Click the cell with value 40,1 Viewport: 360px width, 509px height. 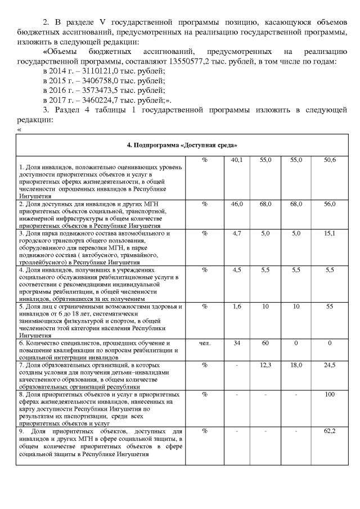pyautogui.click(x=237, y=161)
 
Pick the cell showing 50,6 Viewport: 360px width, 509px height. pyautogui.click(x=330, y=161)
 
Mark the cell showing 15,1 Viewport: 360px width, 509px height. pyautogui.click(x=330, y=233)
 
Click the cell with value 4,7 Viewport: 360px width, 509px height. pyautogui.click(x=237, y=233)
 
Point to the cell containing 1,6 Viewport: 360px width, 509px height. pyautogui.click(x=237, y=307)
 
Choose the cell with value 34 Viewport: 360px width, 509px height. pyautogui.click(x=237, y=343)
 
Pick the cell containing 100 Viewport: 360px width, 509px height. pyautogui.click(x=330, y=394)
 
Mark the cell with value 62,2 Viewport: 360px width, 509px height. pyautogui.click(x=330, y=431)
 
